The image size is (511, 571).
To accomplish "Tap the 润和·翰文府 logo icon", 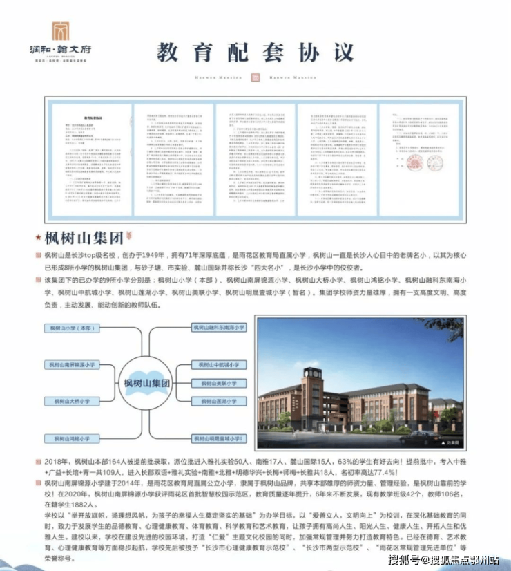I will pyautogui.click(x=60, y=31).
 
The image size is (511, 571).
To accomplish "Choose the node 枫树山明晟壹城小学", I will pyautogui.click(x=218, y=438).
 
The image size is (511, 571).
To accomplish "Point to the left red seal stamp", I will pyautogui.click(x=415, y=162).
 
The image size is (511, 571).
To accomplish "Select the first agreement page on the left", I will pyautogui.click(x=93, y=160).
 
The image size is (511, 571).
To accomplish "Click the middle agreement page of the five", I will pyautogui.click(x=255, y=160).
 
